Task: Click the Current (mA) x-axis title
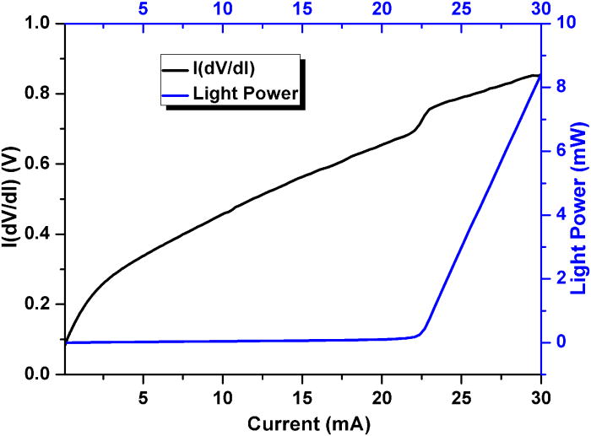click(309, 424)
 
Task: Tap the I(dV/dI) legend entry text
click(225, 69)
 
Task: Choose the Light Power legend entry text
click(246, 94)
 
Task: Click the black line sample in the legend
click(175, 70)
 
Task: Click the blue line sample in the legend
click(175, 95)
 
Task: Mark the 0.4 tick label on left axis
click(38, 234)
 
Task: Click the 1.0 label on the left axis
click(38, 24)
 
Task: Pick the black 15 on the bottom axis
click(302, 397)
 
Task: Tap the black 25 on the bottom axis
click(462, 397)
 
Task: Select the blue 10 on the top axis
click(223, 8)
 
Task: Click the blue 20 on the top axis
click(382, 8)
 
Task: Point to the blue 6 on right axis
click(561, 151)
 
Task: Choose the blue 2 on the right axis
click(561, 278)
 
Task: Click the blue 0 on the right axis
click(561, 342)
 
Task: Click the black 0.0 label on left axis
click(38, 374)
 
